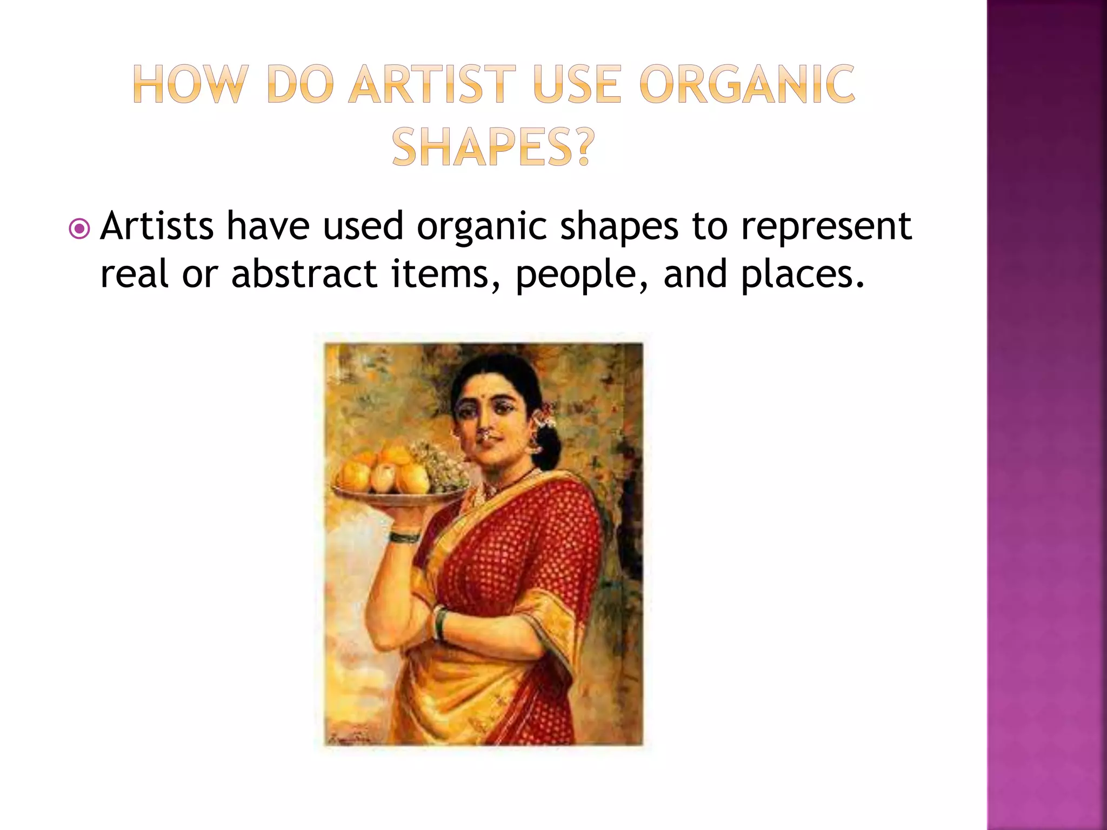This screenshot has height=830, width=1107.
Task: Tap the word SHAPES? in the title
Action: (492, 148)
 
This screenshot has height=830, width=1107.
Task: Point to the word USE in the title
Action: (577, 84)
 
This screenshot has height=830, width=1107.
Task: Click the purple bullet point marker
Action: (79, 229)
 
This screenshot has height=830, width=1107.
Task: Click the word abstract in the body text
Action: (304, 273)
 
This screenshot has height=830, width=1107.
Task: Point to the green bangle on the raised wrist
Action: (404, 537)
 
